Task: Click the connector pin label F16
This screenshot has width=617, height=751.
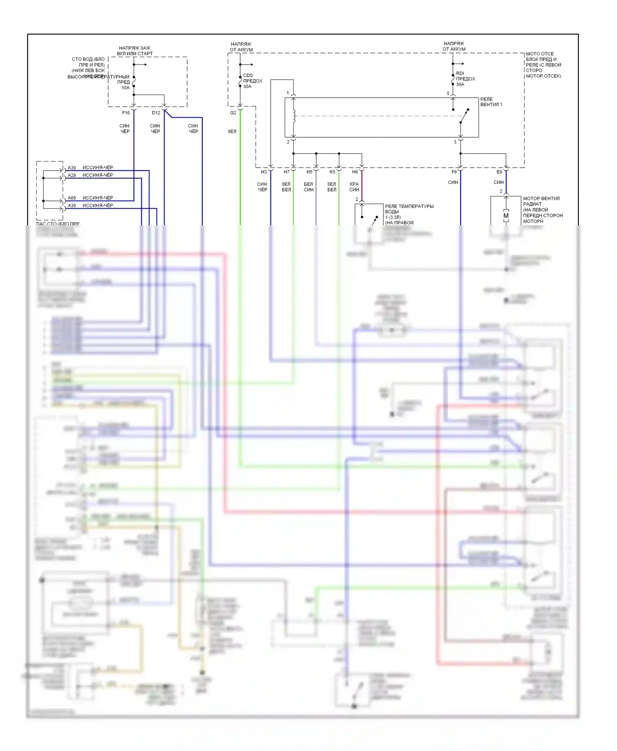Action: pos(126,113)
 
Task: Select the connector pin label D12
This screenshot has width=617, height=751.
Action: pos(156,113)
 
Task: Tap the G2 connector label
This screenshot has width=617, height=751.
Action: pos(233,113)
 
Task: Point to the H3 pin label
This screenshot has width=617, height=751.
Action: pos(264,172)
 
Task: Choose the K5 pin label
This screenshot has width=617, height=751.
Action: pos(332,172)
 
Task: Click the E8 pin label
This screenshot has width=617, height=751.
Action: pos(499,172)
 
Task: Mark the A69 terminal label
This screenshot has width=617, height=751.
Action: pos(72,198)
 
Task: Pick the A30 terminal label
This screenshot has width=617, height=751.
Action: pos(72,168)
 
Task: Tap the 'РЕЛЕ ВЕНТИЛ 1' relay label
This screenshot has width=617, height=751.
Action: pos(491,102)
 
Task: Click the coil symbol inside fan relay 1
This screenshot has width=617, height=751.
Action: pos(294,117)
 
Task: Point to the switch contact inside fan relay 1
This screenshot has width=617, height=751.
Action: pos(464,116)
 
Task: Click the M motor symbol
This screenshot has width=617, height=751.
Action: pos(506,216)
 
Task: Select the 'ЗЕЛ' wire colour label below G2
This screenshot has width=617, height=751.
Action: pos(232,131)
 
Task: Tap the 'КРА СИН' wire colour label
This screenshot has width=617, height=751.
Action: pos(354,187)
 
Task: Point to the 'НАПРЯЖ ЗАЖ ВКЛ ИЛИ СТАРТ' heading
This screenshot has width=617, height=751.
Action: pos(135,51)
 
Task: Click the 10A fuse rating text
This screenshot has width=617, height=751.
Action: pos(125,88)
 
